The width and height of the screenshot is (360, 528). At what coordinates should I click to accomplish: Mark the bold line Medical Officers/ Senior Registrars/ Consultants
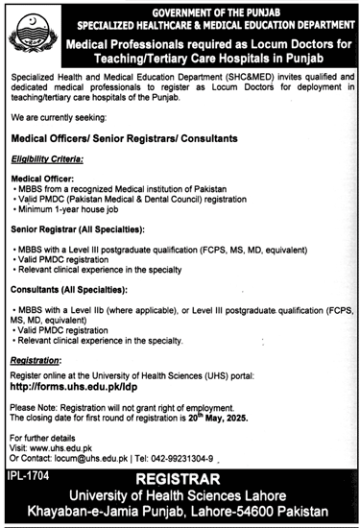coord(125,138)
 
